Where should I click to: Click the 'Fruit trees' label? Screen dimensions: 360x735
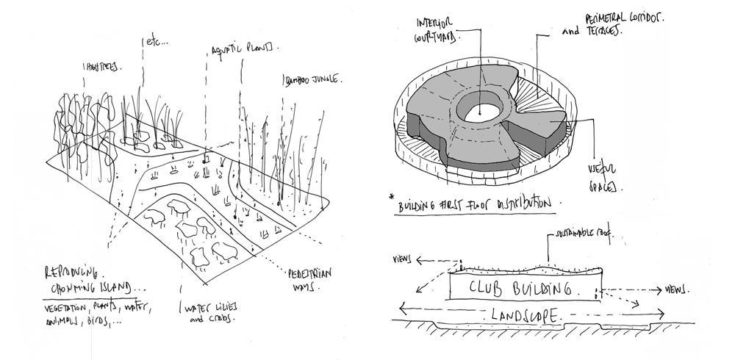100,68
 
